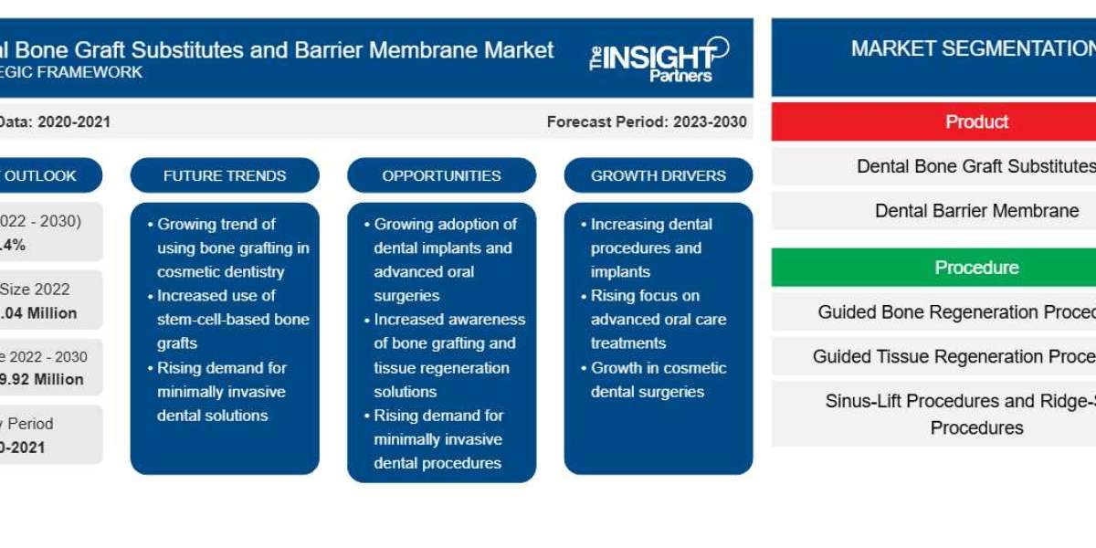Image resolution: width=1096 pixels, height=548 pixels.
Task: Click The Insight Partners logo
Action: coord(658,60)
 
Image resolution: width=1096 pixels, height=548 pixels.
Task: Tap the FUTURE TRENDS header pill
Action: coord(225,175)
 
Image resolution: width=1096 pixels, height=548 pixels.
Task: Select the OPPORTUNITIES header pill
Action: coord(441,175)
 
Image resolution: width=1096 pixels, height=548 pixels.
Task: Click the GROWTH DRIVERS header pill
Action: coord(658,175)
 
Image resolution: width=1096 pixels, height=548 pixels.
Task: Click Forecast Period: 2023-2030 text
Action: coord(647,121)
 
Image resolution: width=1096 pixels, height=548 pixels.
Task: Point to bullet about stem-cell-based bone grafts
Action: coord(232,320)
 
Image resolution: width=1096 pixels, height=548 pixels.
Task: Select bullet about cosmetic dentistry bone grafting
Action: coord(232,248)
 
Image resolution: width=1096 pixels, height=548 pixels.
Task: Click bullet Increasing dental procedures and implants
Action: coord(650,248)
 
